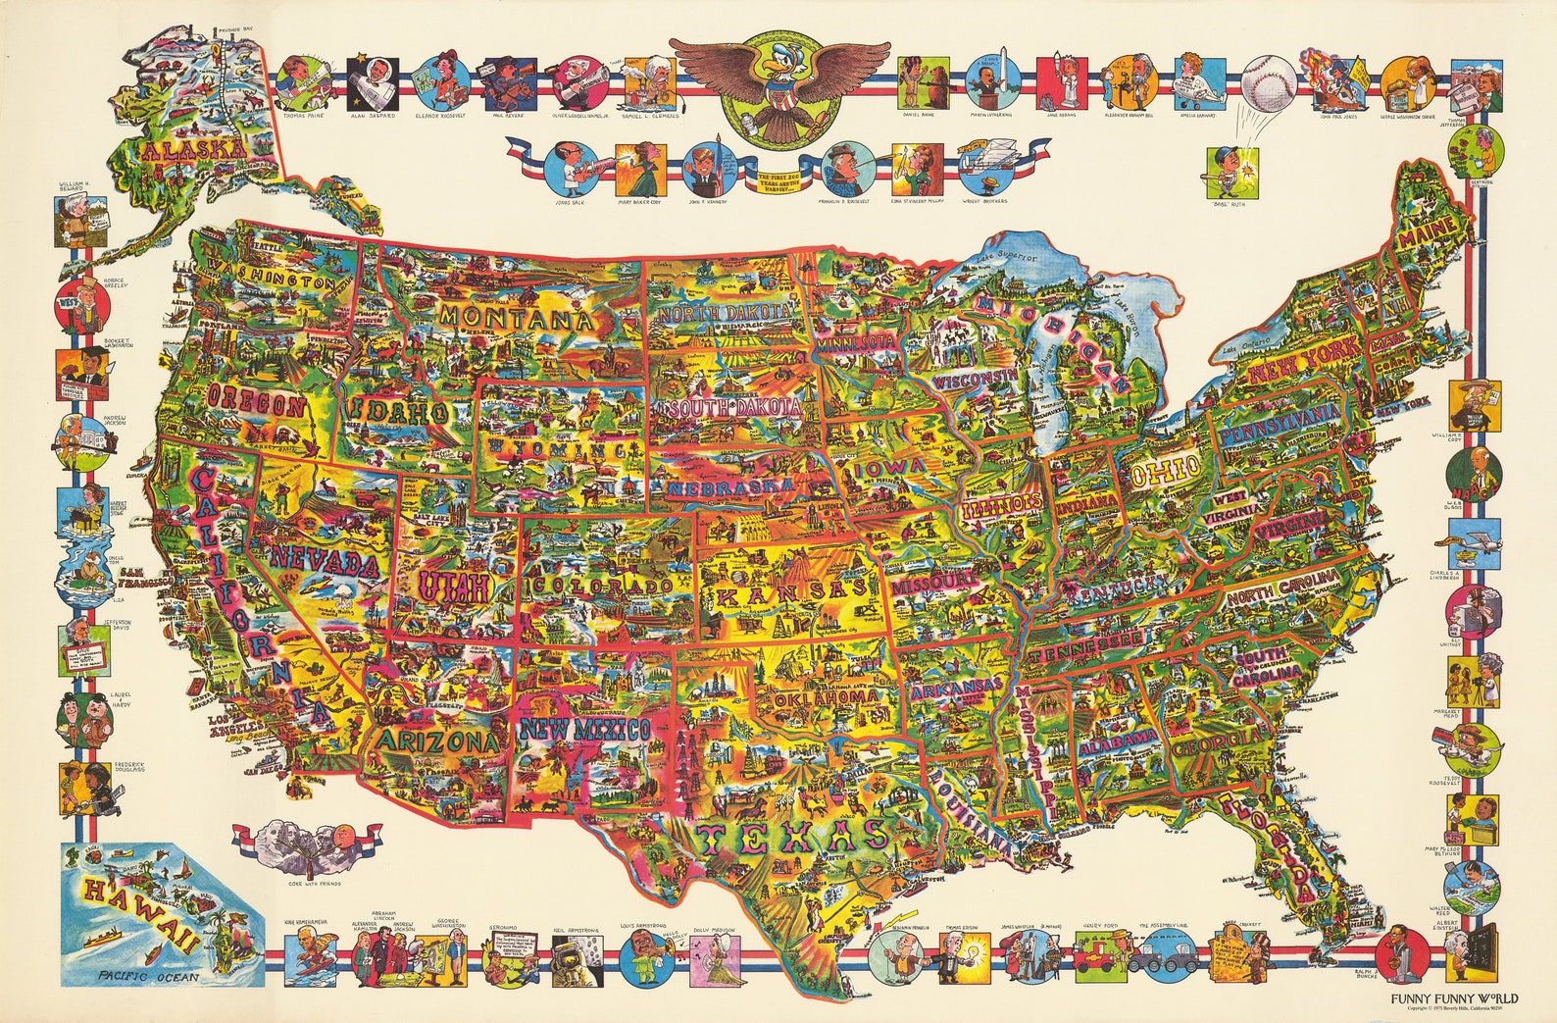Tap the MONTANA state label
[x=516, y=320]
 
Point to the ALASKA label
[x=192, y=150]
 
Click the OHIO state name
[x=1165, y=472]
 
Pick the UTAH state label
[x=439, y=588]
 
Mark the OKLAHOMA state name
[x=827, y=697]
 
